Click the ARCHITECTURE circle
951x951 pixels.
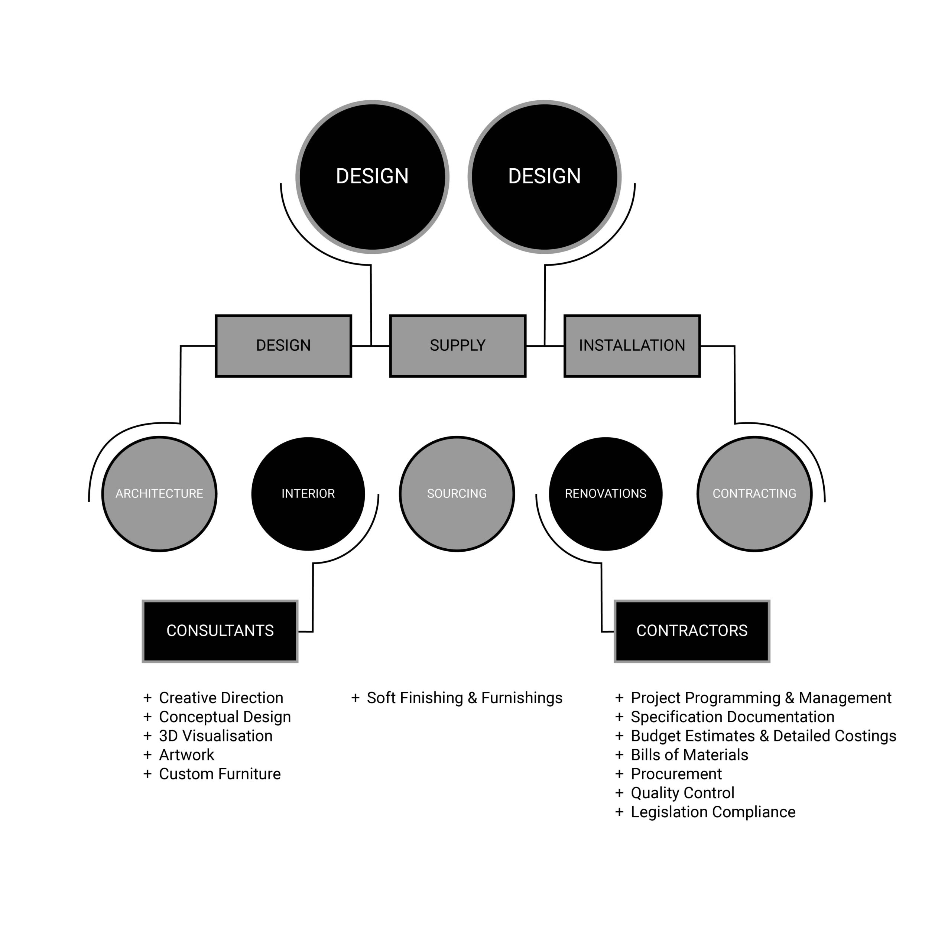(159, 493)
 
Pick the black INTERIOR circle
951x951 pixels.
(308, 493)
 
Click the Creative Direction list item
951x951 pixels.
(221, 698)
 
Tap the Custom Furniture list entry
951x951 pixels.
(220, 774)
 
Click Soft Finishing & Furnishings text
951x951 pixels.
(464, 698)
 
